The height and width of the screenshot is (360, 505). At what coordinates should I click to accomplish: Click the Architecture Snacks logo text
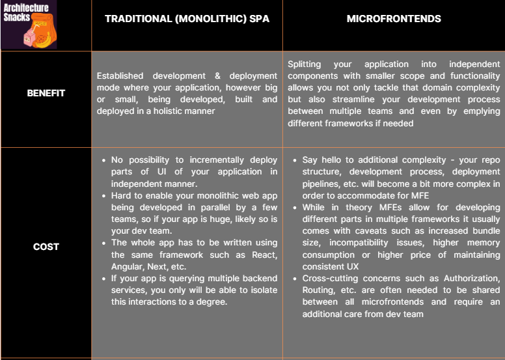[26, 12]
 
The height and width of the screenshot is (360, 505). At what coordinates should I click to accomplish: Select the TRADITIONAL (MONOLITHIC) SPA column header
[187, 19]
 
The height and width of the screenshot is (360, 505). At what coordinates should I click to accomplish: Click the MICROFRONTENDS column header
[394, 19]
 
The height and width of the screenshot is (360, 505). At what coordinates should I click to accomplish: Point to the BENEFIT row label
[46, 93]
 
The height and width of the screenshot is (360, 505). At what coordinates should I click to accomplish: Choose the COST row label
[46, 247]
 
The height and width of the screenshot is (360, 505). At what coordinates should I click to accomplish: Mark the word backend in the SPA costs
[258, 278]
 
